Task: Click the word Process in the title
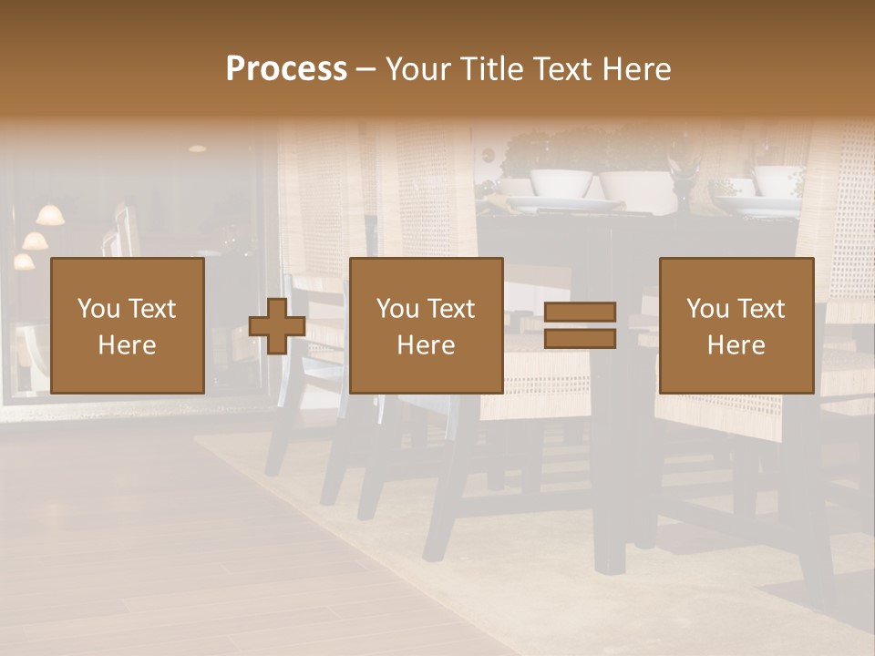pos(286,68)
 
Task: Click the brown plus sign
pos(277,325)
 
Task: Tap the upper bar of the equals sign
pos(580,313)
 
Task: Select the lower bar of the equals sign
pos(580,339)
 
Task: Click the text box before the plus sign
pos(128,325)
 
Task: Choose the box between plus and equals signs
pos(426,325)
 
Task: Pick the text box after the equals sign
pos(736,325)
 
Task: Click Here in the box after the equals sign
pos(736,344)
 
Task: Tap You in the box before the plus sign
pos(98,308)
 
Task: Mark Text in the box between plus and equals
pos(453,308)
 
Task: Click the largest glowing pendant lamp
pos(50,215)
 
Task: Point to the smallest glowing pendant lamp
pos(24,261)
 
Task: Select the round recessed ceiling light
pos(197,148)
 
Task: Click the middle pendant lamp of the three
pos(35,241)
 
